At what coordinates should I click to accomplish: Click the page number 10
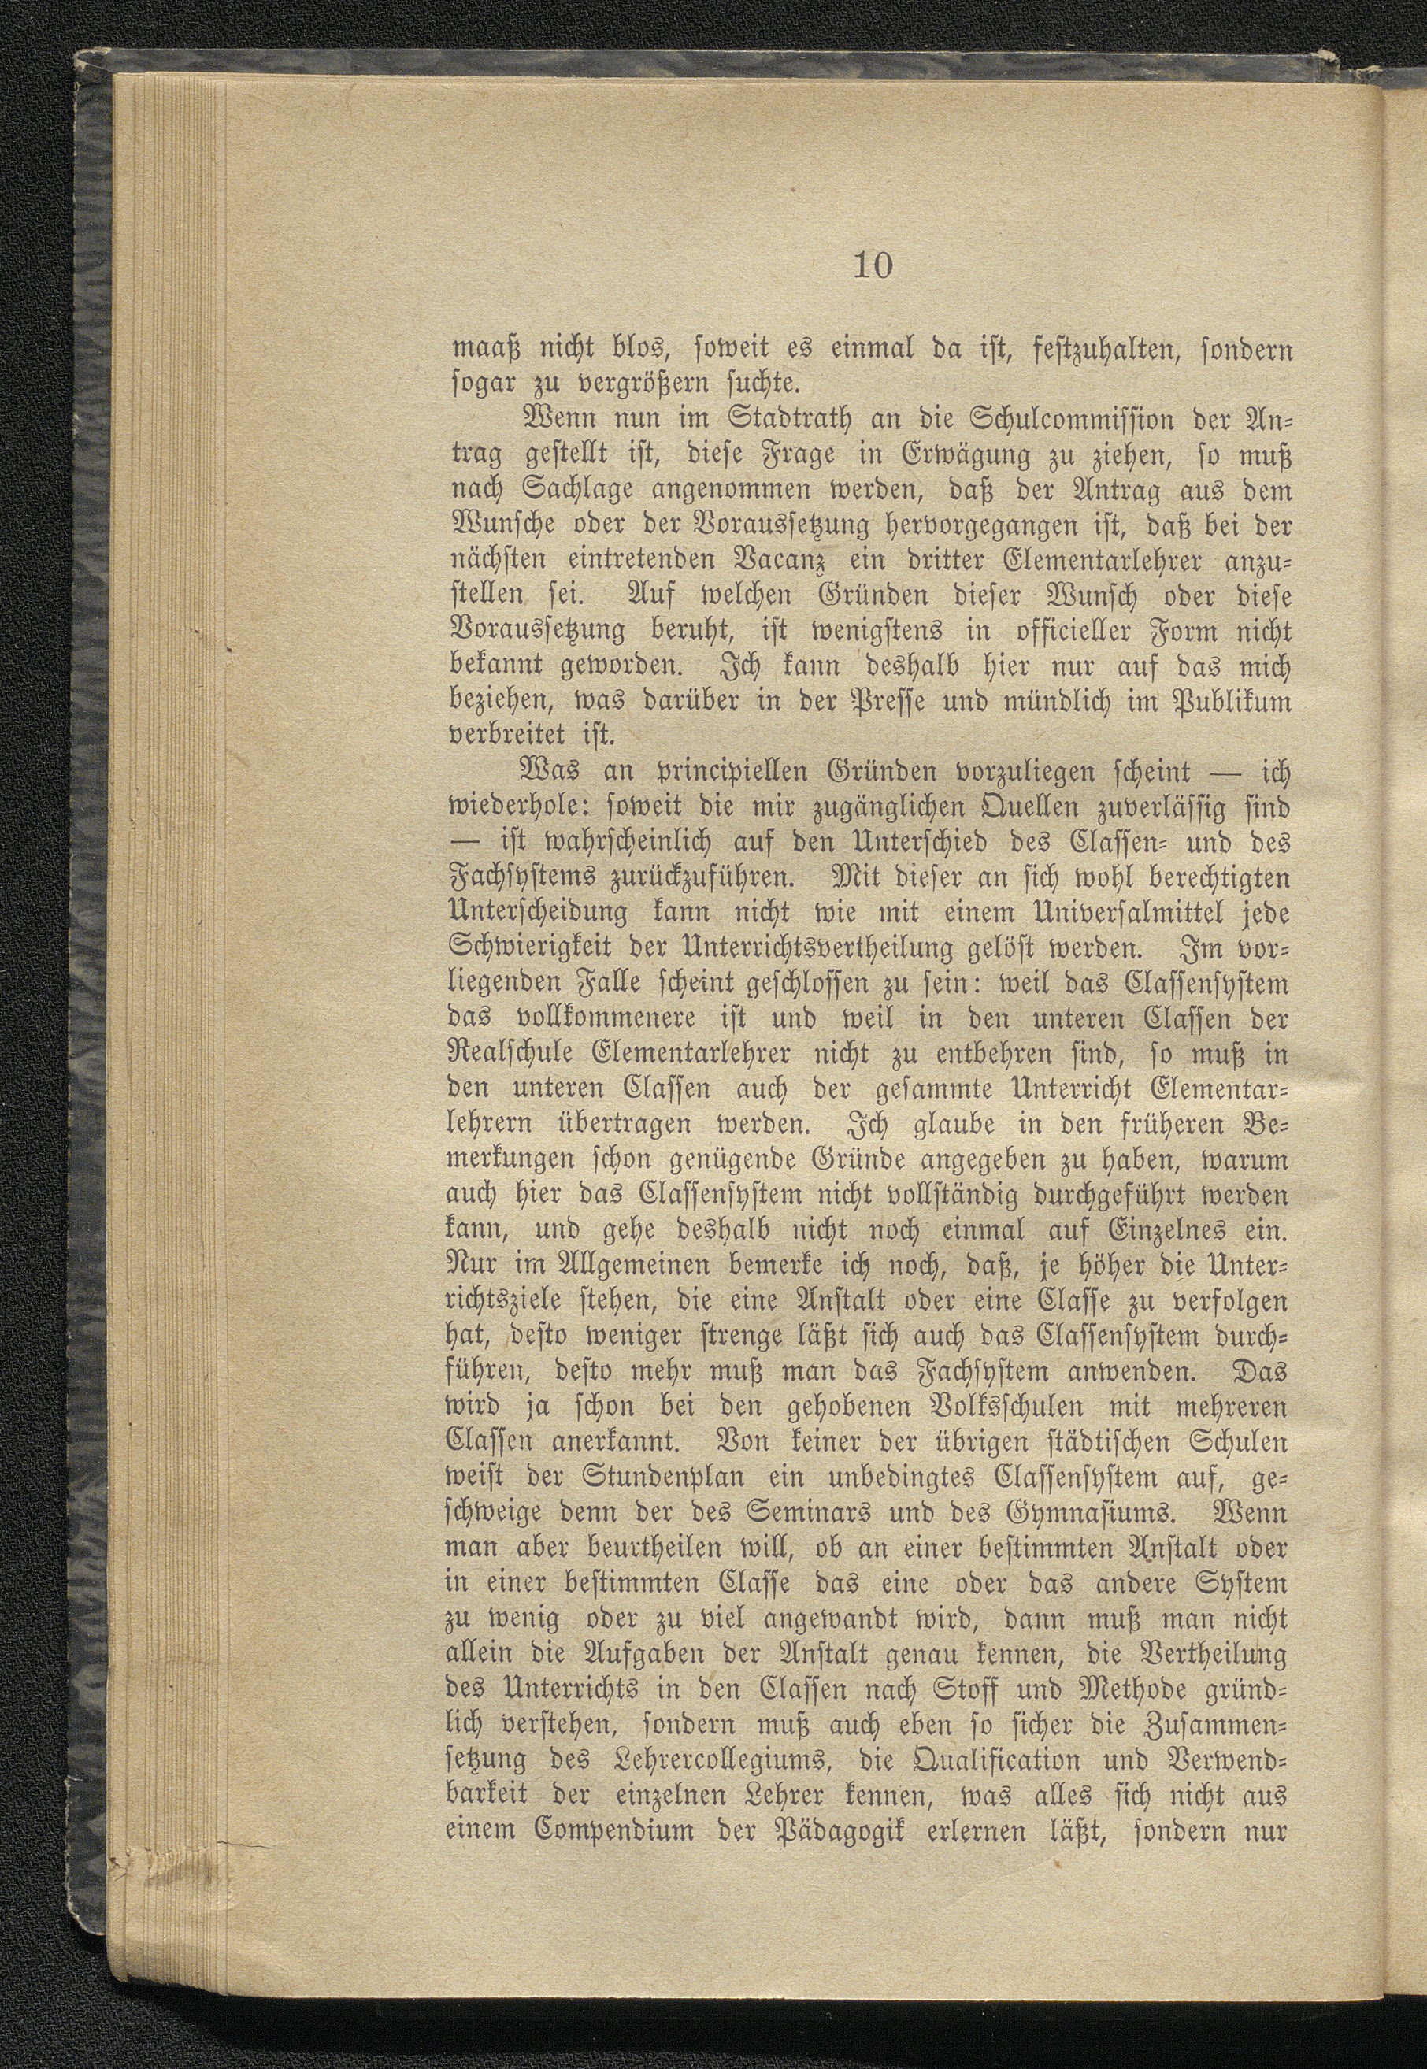pyautogui.click(x=873, y=266)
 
